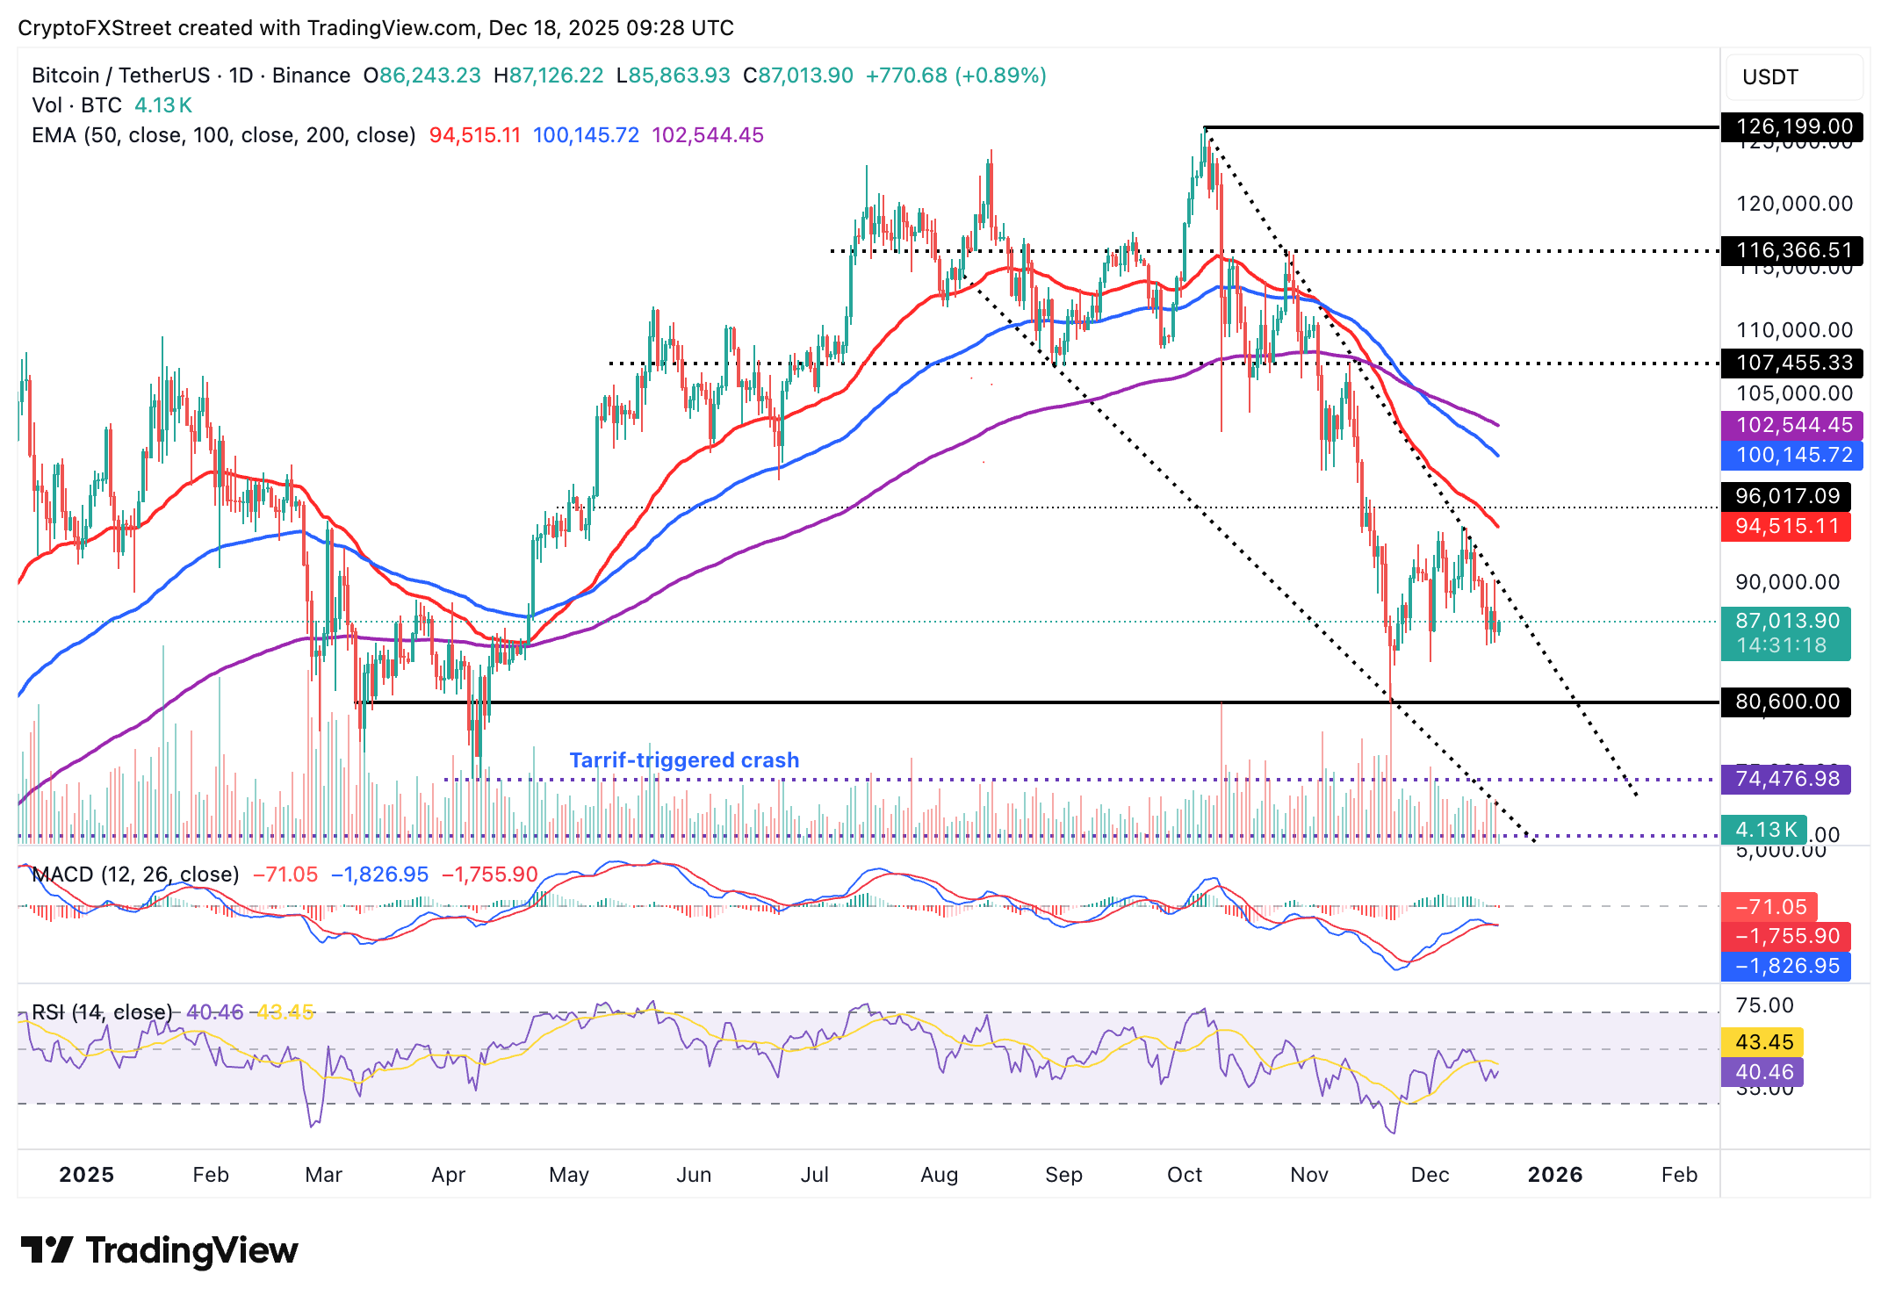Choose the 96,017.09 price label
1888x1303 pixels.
click(1786, 496)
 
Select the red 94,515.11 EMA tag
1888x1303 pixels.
click(1786, 526)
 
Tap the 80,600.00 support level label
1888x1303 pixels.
click(1786, 702)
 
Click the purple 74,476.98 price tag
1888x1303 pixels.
click(1786, 779)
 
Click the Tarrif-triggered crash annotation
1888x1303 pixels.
click(684, 760)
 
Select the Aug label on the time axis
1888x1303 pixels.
click(939, 1175)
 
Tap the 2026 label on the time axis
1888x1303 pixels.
click(1554, 1175)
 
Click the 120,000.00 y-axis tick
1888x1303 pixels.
click(1793, 204)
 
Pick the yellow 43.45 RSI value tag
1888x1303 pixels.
click(1763, 1042)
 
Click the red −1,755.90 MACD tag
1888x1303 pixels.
click(1786, 936)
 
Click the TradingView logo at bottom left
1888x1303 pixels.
click(159, 1250)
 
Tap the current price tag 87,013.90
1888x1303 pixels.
click(1786, 622)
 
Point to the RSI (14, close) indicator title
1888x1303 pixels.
click(102, 1012)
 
